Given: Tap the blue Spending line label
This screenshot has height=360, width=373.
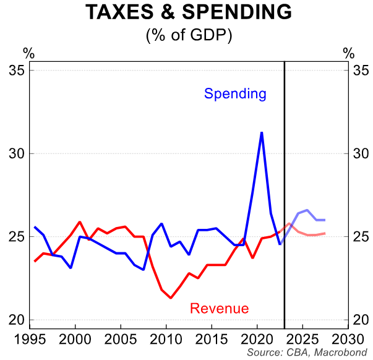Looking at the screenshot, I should (235, 94).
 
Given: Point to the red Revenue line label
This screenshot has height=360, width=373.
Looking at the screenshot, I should (220, 309).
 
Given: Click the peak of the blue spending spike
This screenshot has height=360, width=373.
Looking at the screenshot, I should (262, 132).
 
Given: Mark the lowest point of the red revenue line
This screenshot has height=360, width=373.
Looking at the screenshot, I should (171, 298).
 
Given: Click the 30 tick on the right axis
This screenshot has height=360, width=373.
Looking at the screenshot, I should (359, 153).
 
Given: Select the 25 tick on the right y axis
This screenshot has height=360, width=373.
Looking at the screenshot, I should (359, 237).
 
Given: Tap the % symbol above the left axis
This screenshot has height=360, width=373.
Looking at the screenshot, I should (28, 53).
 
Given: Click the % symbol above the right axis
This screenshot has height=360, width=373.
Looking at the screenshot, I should (349, 53).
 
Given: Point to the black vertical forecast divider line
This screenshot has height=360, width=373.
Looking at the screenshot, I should (284, 186).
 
